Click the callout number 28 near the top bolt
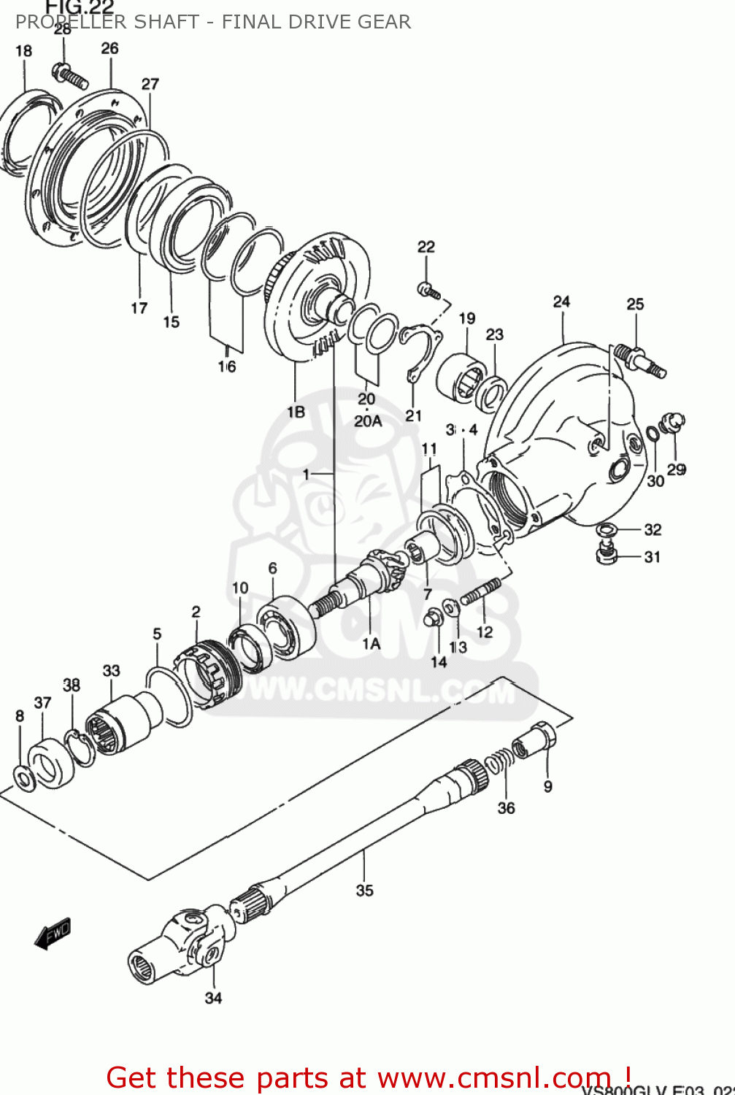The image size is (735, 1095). (x=63, y=30)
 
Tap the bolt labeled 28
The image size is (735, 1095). (x=69, y=75)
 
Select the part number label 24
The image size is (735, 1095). (x=561, y=301)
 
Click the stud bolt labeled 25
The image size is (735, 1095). (x=639, y=361)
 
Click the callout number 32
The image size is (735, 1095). (x=652, y=530)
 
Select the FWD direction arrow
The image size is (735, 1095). (x=53, y=933)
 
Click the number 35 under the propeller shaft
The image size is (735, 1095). (x=364, y=890)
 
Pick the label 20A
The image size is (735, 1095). (x=368, y=421)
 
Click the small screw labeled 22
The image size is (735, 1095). (x=428, y=291)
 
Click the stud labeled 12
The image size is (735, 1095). (x=480, y=592)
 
